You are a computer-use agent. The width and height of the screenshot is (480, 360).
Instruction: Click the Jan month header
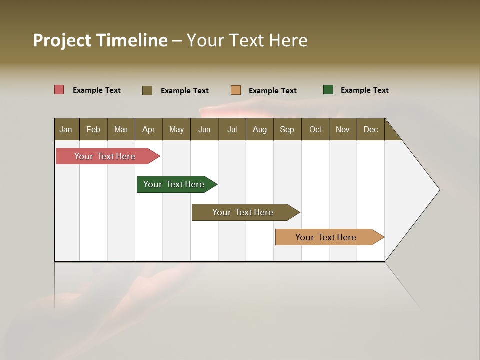(66, 129)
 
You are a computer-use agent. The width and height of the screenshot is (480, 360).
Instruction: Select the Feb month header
(93, 129)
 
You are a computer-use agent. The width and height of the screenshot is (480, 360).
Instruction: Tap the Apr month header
(148, 129)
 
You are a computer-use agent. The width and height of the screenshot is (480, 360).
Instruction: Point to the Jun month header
(204, 129)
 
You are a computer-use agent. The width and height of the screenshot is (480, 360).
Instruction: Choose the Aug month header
(259, 129)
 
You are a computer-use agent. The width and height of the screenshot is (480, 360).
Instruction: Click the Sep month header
(287, 129)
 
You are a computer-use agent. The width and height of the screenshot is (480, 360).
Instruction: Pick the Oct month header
(315, 129)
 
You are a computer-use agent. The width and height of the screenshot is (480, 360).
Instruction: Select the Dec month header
(370, 129)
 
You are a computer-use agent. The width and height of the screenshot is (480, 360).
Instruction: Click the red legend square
(59, 90)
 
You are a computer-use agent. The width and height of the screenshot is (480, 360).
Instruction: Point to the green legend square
(328, 90)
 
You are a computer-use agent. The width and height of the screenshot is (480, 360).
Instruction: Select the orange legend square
(236, 90)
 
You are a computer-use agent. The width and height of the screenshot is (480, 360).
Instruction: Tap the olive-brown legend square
(147, 90)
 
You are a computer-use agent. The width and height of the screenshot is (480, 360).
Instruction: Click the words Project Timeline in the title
(100, 40)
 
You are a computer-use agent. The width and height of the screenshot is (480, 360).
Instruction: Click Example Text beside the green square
(364, 90)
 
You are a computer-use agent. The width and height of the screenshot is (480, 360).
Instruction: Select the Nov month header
(343, 129)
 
